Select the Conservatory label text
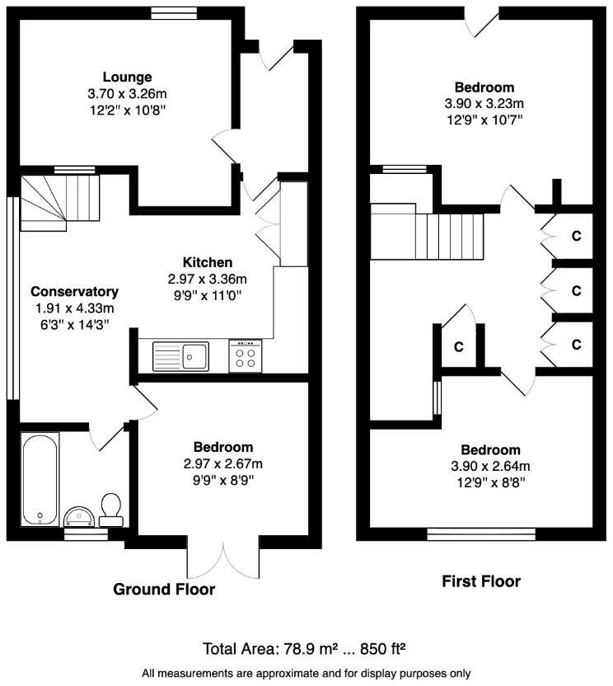coord(75,292)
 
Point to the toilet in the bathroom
coord(110,509)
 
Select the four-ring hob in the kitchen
coord(246,356)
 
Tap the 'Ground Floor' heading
coord(164,590)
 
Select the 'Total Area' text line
coord(306,647)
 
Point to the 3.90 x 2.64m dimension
coord(490,466)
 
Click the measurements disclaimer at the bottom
coord(306,672)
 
